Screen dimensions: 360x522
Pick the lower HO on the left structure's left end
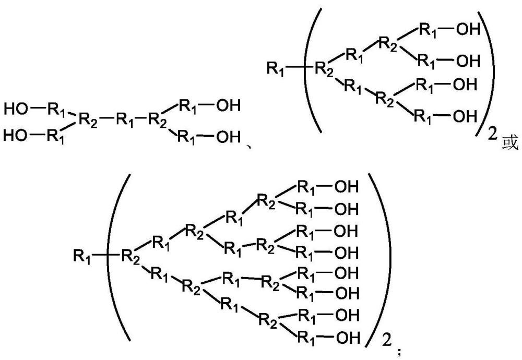click(15, 135)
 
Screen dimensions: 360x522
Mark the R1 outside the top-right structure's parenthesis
click(275, 68)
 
